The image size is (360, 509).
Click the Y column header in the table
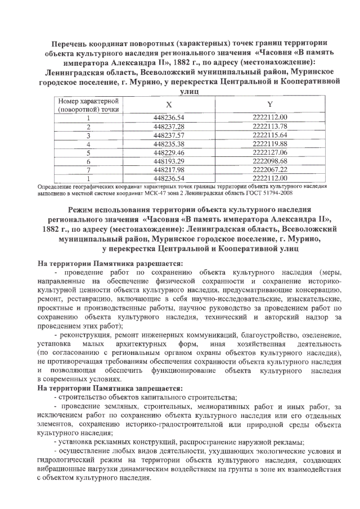270,105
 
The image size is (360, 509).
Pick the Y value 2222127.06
270,152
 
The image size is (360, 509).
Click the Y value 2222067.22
270,169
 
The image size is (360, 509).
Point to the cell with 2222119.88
270,144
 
